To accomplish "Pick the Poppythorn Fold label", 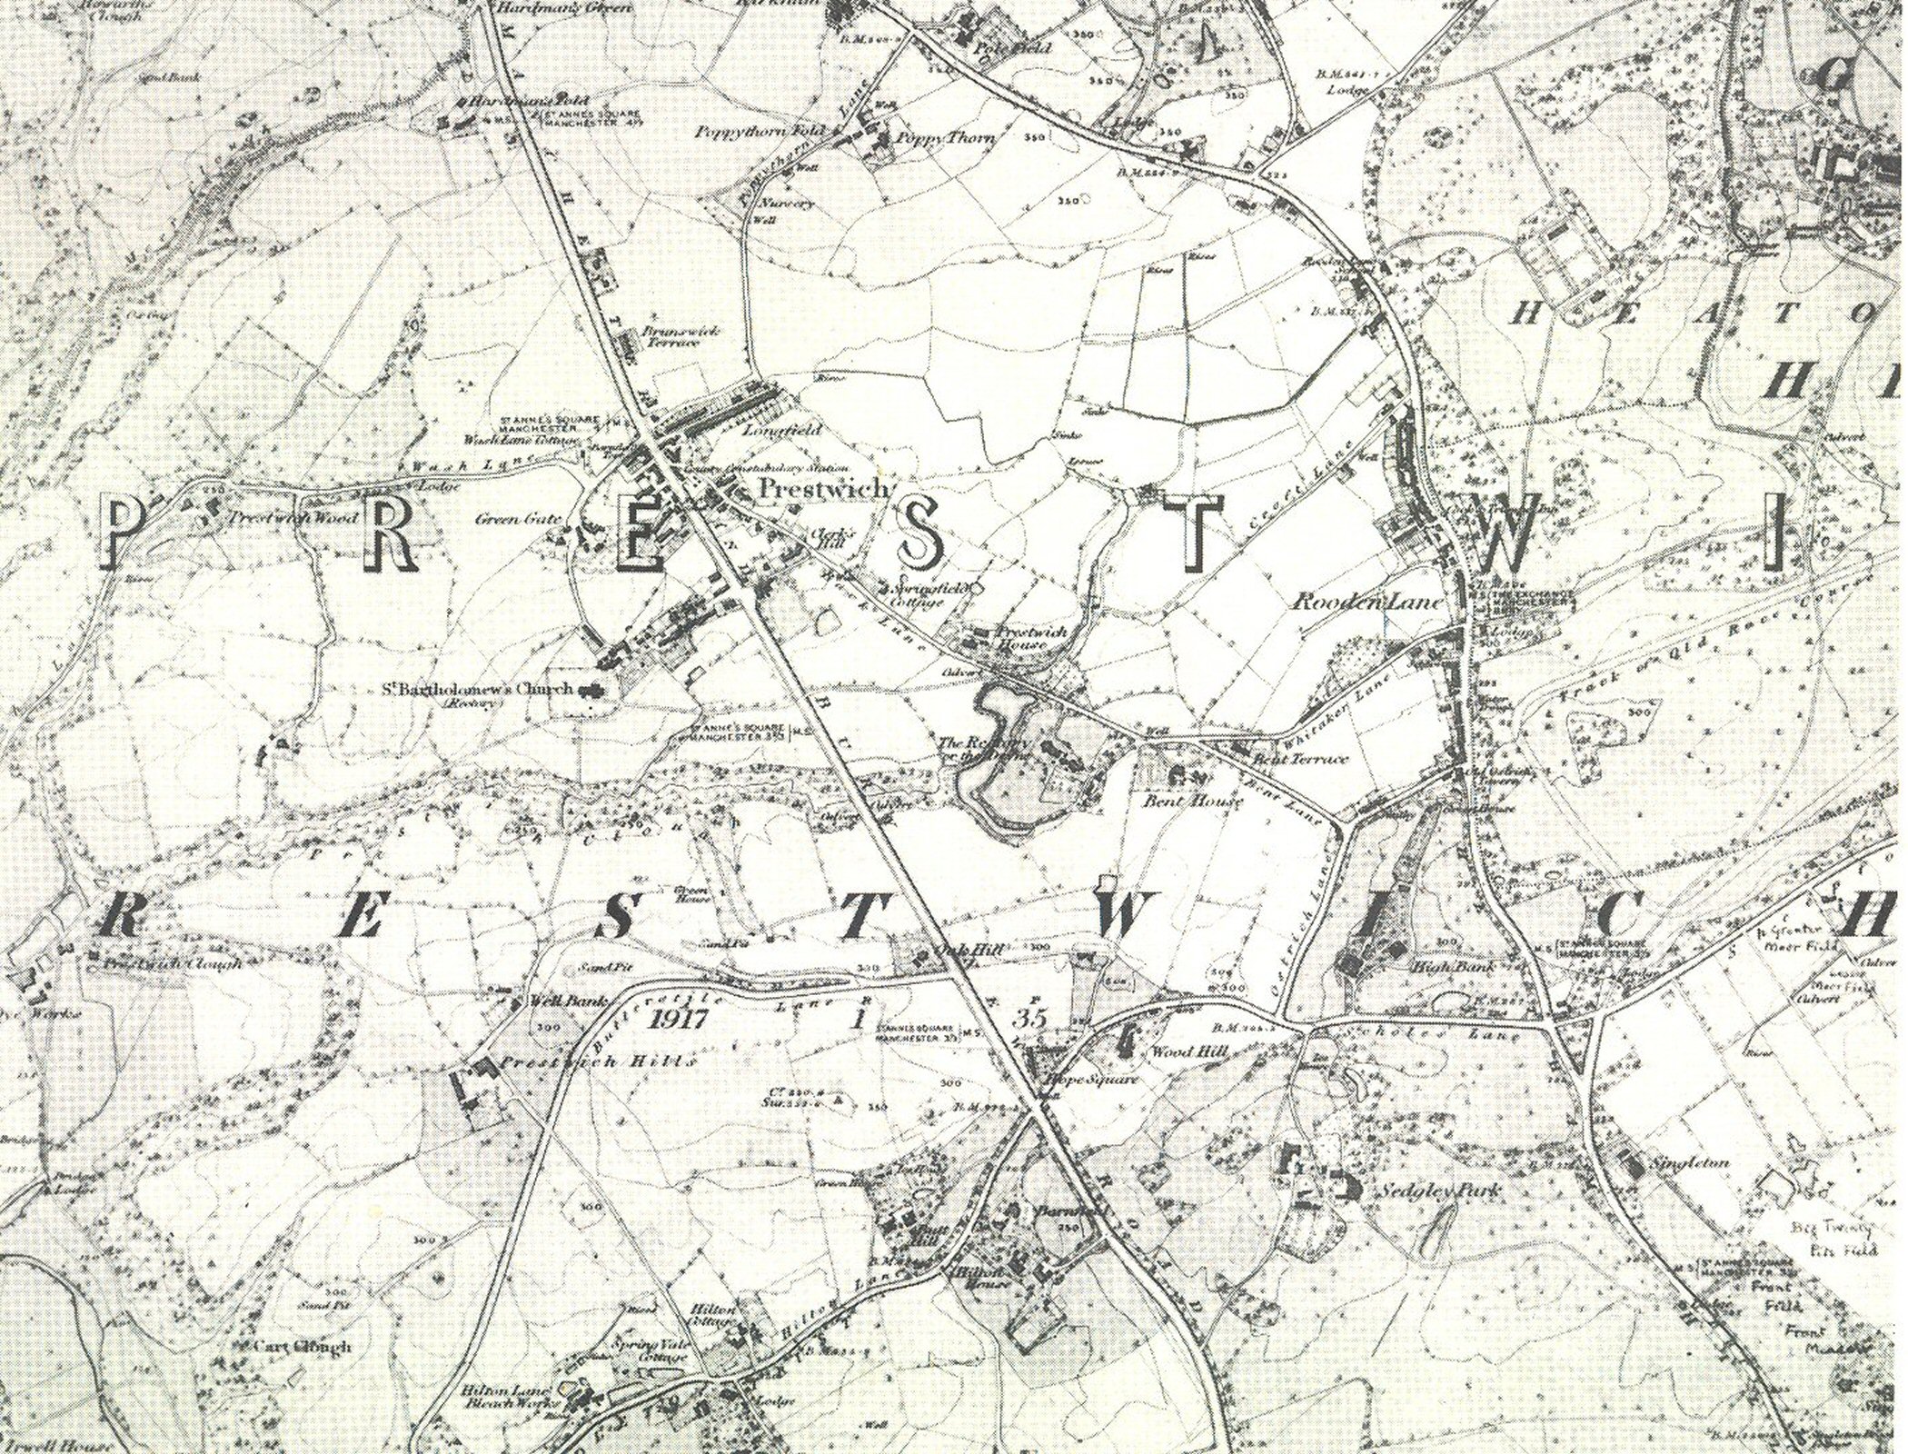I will tap(760, 132).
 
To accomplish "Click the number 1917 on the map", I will tap(679, 1018).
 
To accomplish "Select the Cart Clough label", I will tap(303, 1346).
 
